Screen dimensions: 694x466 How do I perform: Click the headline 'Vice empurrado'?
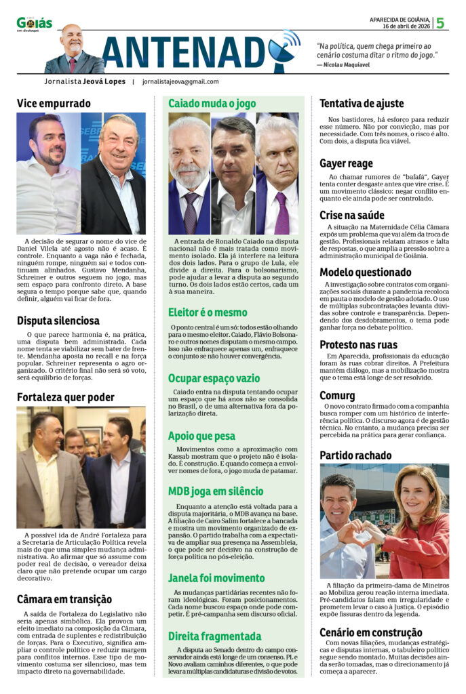point(54,104)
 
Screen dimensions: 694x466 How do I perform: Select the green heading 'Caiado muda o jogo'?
point(212,104)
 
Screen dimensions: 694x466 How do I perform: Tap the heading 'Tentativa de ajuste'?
point(362,104)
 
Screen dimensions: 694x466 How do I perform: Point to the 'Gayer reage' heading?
point(346,163)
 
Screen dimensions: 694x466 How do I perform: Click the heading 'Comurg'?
point(337,395)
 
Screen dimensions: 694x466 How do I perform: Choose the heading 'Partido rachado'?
point(355,455)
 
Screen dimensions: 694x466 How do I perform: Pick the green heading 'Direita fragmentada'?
point(214,636)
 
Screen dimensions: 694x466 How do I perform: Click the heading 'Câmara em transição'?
point(64,599)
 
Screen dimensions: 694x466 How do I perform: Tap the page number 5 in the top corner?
point(440,23)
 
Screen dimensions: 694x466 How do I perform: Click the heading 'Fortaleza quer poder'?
point(65,396)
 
